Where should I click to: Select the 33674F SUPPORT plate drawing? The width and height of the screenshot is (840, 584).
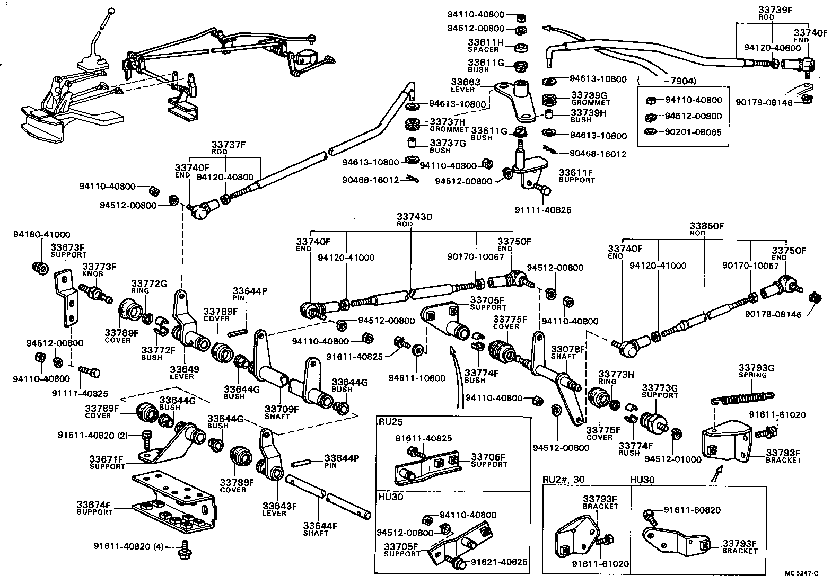tap(175, 501)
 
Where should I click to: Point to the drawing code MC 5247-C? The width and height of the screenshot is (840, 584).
tap(801, 573)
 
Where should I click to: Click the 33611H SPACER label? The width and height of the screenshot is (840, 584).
tap(485, 46)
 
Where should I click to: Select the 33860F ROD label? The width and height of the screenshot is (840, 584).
tap(706, 229)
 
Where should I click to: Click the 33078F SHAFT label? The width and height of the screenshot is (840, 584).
tap(567, 352)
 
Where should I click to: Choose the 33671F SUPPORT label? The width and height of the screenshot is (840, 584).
tap(106, 462)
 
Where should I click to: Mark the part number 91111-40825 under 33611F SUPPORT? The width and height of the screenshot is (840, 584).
tap(542, 210)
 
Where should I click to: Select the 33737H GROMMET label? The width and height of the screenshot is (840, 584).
tap(449, 124)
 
